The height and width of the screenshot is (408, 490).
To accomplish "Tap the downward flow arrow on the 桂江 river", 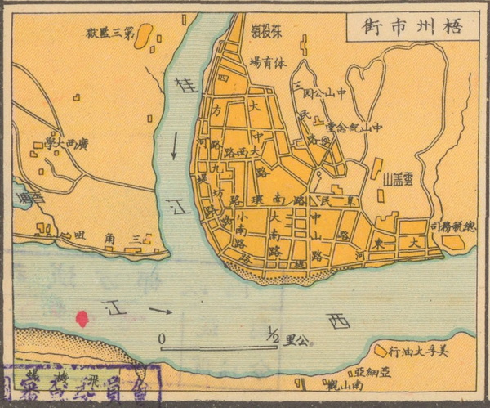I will click(x=174, y=146).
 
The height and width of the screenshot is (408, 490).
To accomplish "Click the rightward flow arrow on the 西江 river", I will click(x=160, y=311).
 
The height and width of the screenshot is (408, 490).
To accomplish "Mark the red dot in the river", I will click(x=82, y=318).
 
